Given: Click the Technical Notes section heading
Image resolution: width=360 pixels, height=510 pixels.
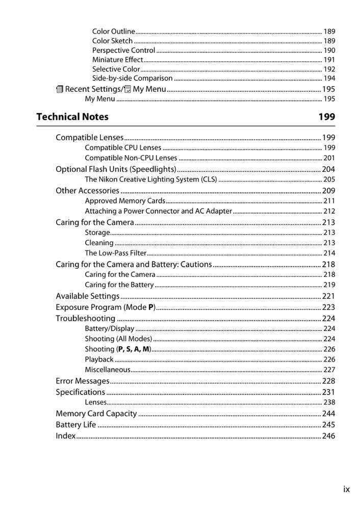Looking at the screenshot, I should (x=72, y=117).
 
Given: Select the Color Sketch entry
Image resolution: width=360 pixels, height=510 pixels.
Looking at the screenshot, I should (x=112, y=41).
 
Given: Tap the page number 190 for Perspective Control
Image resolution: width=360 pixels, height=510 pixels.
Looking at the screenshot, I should (x=329, y=50).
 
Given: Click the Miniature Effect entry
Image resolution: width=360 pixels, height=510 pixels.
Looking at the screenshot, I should (x=117, y=60).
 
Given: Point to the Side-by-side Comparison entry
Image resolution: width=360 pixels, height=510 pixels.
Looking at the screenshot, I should (x=132, y=79).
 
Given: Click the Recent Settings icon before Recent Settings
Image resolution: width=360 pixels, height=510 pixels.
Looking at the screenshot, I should (x=59, y=89).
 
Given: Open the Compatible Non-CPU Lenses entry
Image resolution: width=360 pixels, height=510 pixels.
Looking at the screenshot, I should (x=131, y=158).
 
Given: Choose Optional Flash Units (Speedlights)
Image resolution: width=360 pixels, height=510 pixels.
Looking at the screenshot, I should (x=116, y=169).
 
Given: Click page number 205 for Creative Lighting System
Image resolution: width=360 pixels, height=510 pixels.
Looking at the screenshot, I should (x=329, y=180).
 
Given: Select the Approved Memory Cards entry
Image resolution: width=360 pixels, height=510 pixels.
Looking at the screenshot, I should (x=125, y=201).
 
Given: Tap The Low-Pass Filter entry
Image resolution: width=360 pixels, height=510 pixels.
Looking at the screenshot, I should (x=115, y=253).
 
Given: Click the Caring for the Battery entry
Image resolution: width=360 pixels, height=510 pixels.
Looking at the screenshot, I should (x=119, y=285).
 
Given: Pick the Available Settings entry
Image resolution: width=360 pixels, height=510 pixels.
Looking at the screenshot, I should (x=87, y=296).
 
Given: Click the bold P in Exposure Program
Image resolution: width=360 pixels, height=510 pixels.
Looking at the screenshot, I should (x=150, y=308).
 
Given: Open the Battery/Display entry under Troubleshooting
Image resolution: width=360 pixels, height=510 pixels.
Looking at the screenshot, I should (x=109, y=329).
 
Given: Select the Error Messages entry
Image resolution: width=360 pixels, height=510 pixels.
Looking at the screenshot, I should (x=82, y=381).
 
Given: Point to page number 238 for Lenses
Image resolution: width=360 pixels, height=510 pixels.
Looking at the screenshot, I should (x=329, y=402).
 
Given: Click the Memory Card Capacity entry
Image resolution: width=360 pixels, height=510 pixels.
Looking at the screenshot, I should (x=96, y=414).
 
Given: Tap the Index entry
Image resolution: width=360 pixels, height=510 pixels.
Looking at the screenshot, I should (x=65, y=436).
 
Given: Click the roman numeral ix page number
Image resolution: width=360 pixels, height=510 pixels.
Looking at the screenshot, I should (x=346, y=489).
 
